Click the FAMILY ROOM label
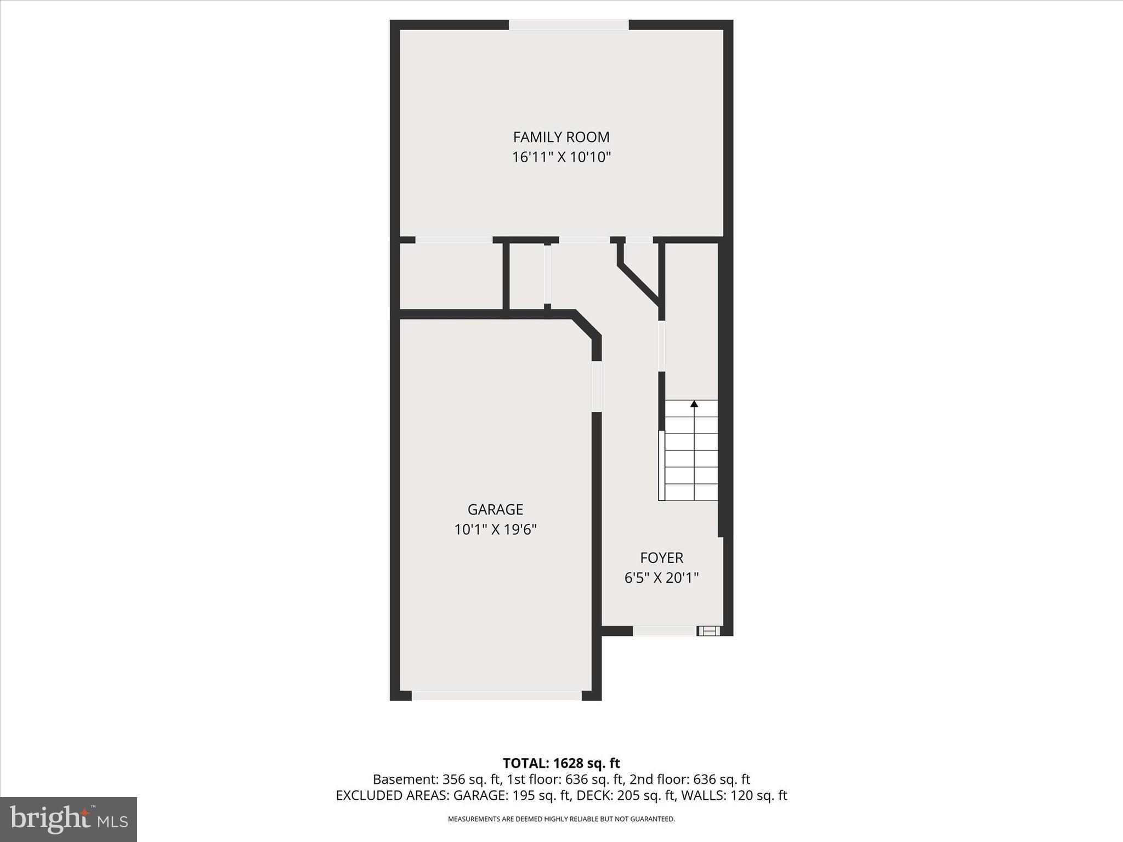click(x=561, y=137)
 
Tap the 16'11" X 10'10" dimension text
click(x=561, y=158)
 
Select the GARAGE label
click(x=495, y=510)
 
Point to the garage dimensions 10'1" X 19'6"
click(x=495, y=530)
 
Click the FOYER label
click(x=661, y=558)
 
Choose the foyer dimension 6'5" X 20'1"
click(x=661, y=578)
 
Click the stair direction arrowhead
click(x=694, y=404)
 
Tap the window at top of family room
click(x=568, y=25)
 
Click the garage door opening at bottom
click(x=496, y=696)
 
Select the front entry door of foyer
click(x=665, y=631)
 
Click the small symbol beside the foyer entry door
click(x=709, y=631)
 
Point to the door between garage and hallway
click(x=597, y=386)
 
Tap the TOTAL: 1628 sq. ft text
click(x=561, y=763)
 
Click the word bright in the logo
click(x=49, y=819)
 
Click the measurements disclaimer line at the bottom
click(x=561, y=819)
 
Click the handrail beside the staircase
click(x=661, y=465)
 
